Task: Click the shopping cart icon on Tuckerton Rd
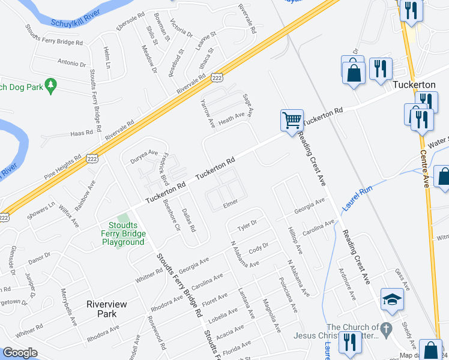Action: (x=292, y=120)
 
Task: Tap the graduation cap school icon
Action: (x=391, y=299)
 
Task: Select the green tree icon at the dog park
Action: (x=51, y=85)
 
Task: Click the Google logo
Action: (x=20, y=353)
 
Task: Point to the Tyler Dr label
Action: (x=247, y=226)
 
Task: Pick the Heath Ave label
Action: (x=231, y=118)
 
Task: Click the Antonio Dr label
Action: (x=72, y=62)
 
